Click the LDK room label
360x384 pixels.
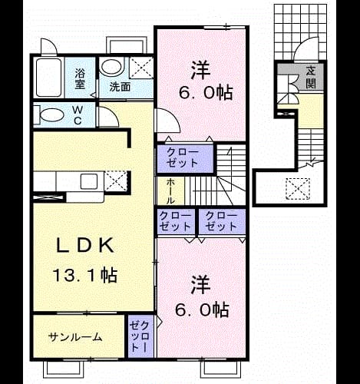tap(84, 245)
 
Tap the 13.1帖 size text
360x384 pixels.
tap(85, 275)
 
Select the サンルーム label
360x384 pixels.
tap(75, 337)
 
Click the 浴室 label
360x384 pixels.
tap(80, 79)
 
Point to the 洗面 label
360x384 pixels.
tap(120, 87)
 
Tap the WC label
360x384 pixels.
tap(78, 115)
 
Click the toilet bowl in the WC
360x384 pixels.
tap(52, 115)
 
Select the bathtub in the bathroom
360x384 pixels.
tap(48, 78)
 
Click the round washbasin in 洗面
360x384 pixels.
tap(111, 68)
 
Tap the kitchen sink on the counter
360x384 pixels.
tap(89, 181)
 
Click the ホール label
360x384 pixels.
tap(171, 191)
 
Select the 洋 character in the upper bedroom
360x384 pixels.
tap(201, 70)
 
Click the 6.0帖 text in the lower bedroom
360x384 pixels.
tap(202, 310)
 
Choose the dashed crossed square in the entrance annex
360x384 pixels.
tap(298, 189)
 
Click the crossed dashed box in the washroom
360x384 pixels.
tap(141, 68)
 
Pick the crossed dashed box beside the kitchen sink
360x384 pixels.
tap(116, 181)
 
